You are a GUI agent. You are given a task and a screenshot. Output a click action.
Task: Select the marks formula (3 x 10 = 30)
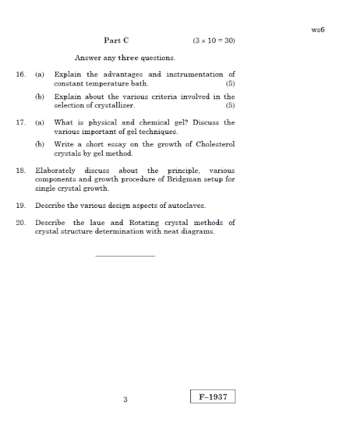tap(214, 41)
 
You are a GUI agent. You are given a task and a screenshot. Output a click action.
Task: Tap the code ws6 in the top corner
tap(317, 30)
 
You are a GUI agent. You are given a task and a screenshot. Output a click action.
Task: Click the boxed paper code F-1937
tap(213, 397)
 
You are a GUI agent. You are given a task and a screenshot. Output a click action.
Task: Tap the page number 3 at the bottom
tap(125, 399)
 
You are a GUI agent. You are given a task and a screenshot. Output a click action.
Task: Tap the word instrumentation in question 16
tap(195, 75)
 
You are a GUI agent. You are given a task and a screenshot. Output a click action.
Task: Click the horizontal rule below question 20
tap(125, 256)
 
